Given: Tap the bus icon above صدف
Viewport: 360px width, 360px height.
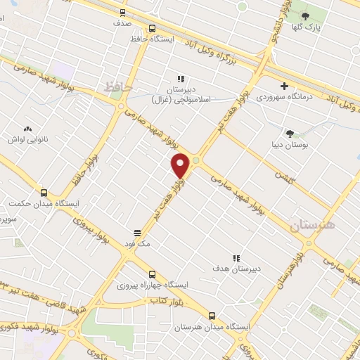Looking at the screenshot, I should pyautogui.click(x=124, y=12).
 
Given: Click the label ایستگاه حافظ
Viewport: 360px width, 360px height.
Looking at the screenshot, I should pyautogui.click(x=152, y=37).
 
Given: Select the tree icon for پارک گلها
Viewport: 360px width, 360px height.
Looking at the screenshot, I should pyautogui.click(x=305, y=15).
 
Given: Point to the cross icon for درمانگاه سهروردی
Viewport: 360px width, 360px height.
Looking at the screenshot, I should pyautogui.click(x=284, y=86).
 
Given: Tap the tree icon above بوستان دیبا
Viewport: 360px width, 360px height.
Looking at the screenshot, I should pyautogui.click(x=289, y=133).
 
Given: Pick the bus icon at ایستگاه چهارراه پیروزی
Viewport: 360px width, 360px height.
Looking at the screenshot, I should pyautogui.click(x=153, y=274).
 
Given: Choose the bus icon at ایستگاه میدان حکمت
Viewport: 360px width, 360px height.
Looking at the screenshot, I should pyautogui.click(x=44, y=193).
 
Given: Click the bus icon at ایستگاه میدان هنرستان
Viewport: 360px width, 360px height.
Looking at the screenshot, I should pyautogui.click(x=213, y=315).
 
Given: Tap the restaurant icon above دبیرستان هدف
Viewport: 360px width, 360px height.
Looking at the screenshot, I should pyautogui.click(x=237, y=257).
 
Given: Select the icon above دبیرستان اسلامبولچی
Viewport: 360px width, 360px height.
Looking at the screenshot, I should pyautogui.click(x=181, y=79).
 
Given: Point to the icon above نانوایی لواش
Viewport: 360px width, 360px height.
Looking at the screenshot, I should pyautogui.click(x=27, y=129).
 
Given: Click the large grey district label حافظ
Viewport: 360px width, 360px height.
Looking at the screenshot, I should pyautogui.click(x=117, y=87).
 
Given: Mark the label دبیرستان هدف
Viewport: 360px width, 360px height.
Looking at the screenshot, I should pyautogui.click(x=238, y=269).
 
